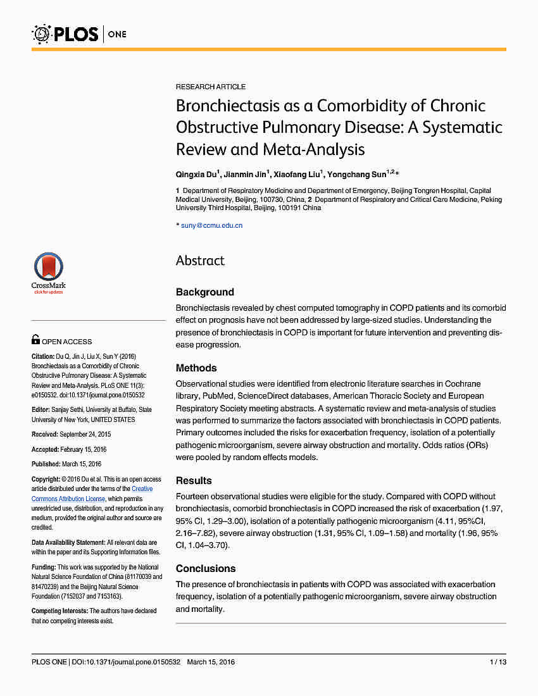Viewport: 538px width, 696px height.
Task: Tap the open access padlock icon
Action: pos(35,340)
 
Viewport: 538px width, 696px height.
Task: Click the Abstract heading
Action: pos(200,261)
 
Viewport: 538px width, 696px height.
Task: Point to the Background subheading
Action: pos(204,292)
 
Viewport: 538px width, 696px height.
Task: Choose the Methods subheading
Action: pos(196,368)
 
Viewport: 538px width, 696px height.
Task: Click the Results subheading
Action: pos(194,481)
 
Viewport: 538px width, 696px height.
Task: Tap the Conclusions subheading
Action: pos(206,569)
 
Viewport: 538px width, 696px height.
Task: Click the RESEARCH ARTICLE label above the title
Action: pos(211,87)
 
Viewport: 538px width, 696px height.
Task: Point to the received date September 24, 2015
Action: pos(85,434)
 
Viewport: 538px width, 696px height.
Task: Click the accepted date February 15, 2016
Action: pos(84,449)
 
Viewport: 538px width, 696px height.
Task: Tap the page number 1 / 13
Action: pos(498,662)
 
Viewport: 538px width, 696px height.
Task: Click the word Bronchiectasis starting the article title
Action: pos(244,105)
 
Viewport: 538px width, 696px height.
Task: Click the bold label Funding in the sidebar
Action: pos(44,568)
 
